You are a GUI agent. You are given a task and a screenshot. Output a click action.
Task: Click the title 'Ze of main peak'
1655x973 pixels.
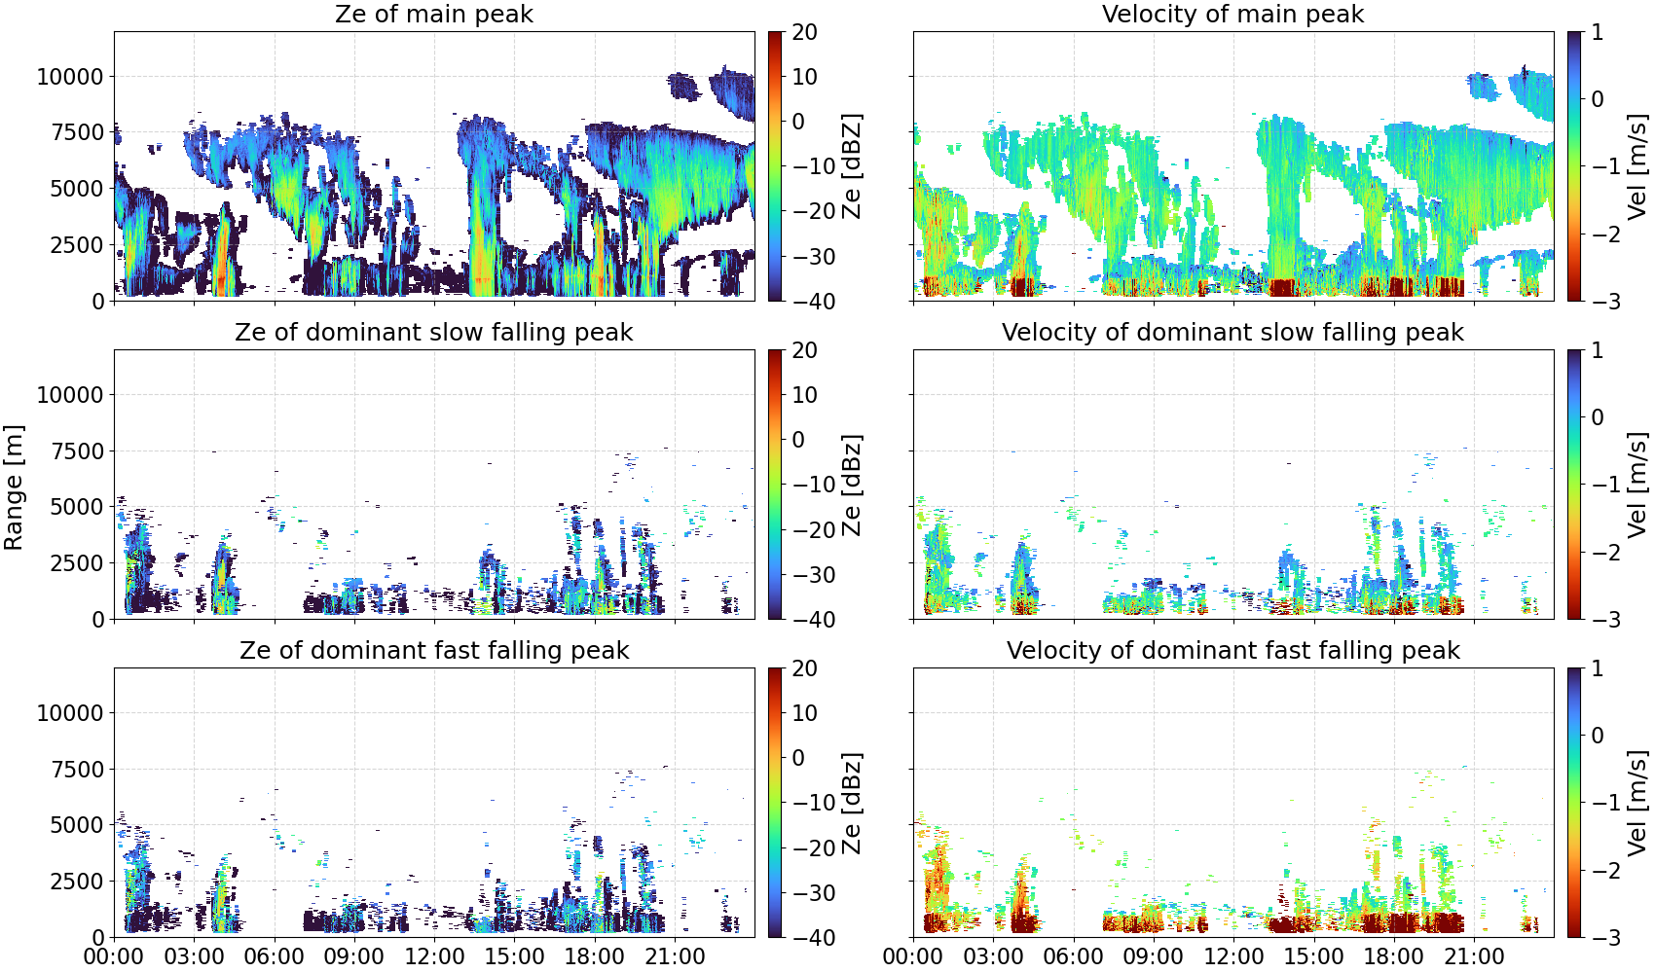[434, 14]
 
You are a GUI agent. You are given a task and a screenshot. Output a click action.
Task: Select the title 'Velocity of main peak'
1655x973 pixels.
[1233, 14]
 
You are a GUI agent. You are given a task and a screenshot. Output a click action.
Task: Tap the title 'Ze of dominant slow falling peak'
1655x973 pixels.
[434, 332]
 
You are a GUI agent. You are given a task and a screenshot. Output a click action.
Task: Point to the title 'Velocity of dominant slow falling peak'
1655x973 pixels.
[1233, 332]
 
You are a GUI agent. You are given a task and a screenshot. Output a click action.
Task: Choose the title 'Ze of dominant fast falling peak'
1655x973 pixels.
[434, 650]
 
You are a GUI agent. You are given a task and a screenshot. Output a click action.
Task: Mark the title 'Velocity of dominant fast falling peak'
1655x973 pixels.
[1233, 650]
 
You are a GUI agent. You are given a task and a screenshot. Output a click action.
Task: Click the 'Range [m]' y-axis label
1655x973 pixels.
[14, 487]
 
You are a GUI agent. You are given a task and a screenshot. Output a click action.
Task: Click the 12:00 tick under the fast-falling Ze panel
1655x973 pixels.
[434, 956]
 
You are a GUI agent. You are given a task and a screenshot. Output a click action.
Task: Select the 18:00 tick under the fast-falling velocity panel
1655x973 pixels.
[1393, 956]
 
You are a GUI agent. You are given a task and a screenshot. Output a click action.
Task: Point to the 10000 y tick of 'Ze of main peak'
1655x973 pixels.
[71, 76]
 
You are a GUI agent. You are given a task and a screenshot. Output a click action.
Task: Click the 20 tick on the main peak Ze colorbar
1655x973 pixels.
[804, 32]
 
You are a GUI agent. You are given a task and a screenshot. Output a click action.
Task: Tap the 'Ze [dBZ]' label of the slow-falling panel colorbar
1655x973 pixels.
[852, 485]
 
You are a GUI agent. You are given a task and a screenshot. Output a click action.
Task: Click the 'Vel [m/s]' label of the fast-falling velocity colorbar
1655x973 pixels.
[1637, 803]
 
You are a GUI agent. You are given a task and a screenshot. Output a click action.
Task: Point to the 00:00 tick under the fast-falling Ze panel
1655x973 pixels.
[114, 956]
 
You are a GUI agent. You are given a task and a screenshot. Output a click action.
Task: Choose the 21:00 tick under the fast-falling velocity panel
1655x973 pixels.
[1474, 956]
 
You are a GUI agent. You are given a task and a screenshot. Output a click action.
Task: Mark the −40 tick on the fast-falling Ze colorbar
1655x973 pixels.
[811, 938]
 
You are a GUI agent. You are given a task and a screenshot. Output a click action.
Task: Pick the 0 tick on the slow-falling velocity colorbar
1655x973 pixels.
[1597, 417]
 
